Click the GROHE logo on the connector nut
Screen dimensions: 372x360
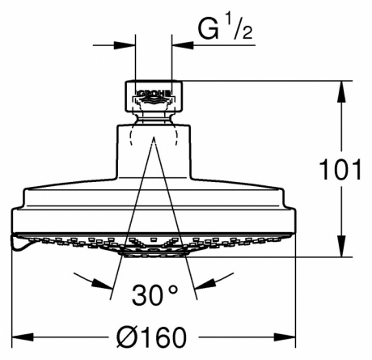pos(154,94)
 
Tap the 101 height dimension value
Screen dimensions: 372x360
pos(340,170)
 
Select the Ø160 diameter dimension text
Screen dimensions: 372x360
pos(152,337)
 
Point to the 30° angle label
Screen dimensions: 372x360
pos(155,294)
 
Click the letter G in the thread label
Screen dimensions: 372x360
pos(208,29)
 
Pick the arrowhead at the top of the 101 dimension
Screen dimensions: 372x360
pos(341,91)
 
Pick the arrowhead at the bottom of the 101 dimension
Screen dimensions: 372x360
pos(341,246)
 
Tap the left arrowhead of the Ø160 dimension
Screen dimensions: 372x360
pos(23,337)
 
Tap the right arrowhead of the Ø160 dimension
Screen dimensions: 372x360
pos(285,337)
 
